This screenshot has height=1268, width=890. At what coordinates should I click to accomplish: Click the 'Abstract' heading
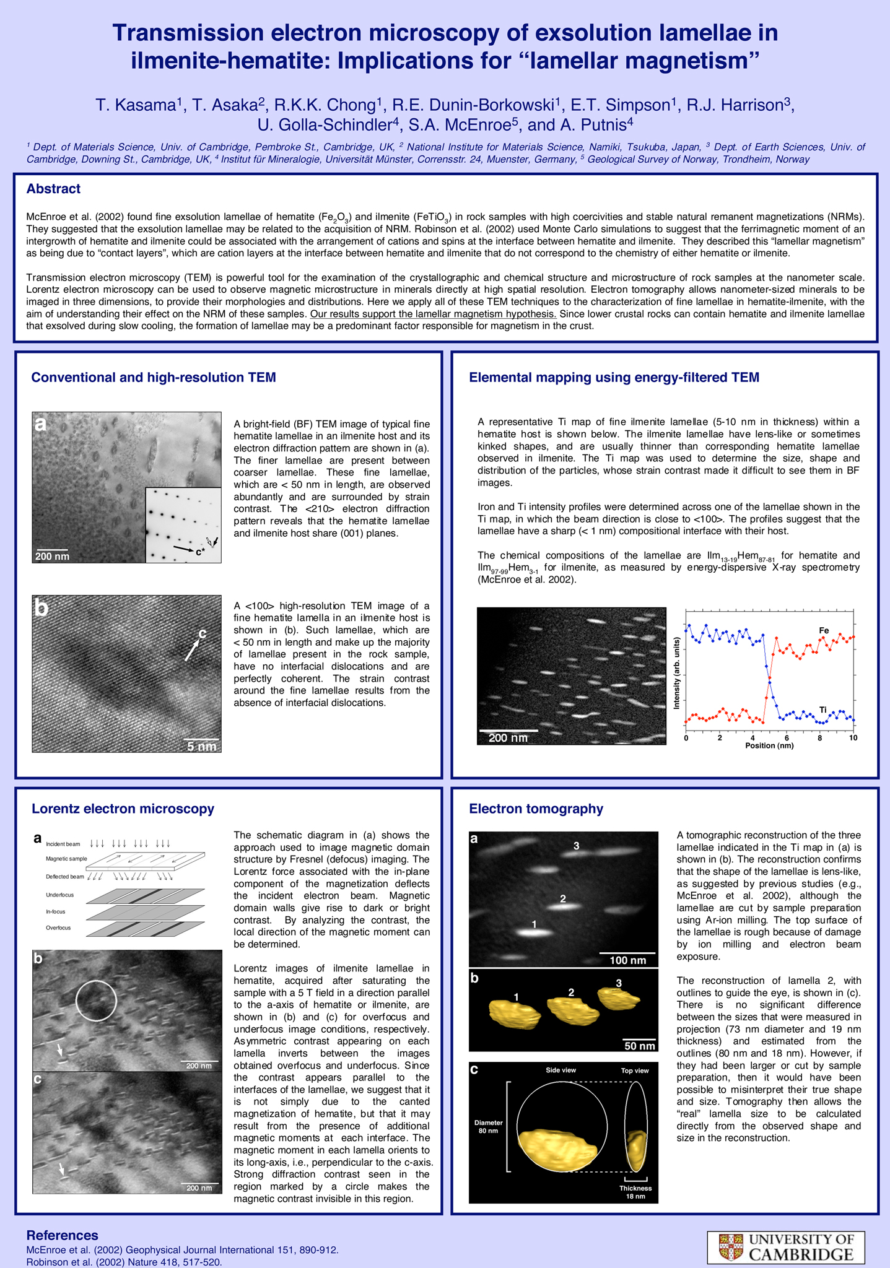pos(53,189)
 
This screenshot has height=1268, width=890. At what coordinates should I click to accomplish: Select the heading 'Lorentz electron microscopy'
pos(123,809)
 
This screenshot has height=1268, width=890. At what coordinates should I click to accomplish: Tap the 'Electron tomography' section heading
pos(536,809)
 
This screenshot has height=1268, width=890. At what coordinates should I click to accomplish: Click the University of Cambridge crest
pos(731,1247)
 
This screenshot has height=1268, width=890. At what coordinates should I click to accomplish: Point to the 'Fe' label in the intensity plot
pos(824,630)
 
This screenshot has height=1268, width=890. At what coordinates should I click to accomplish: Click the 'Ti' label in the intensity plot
pos(823,710)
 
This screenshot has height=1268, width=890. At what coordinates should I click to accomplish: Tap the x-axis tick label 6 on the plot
pos(787,738)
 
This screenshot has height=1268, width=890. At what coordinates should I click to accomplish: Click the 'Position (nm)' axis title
pos(769,745)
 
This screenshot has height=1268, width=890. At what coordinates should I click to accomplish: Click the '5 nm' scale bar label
pos(202,747)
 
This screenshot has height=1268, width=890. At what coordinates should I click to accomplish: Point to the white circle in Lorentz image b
pos(96,1001)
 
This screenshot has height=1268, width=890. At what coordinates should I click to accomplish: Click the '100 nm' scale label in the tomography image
pos(628,960)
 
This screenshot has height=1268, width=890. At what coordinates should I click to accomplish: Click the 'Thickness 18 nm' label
pos(635,1192)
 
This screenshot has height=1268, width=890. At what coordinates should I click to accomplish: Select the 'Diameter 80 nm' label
pos(489,1127)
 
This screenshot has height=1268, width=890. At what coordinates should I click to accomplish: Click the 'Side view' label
pos(561,1070)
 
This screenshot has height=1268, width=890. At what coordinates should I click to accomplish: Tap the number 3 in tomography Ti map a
pos(576,846)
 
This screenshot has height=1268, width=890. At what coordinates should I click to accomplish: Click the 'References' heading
pos(62,1235)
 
